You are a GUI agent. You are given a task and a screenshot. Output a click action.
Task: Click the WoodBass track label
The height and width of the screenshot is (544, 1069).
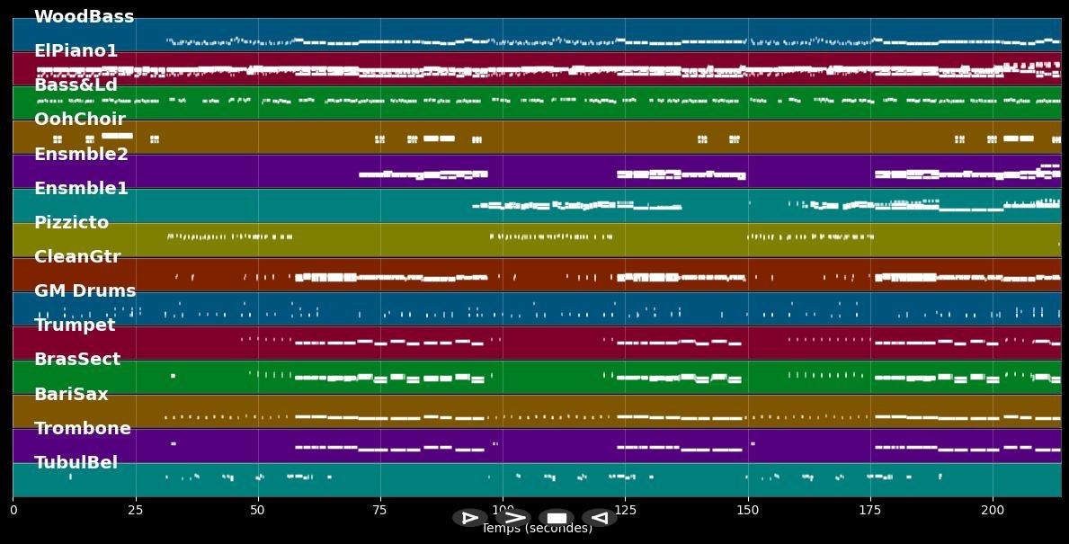point(84,17)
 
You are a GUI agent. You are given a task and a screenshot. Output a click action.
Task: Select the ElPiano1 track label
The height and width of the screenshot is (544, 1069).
point(76,51)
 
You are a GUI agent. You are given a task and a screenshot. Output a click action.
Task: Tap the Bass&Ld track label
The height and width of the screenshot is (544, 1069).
point(76,85)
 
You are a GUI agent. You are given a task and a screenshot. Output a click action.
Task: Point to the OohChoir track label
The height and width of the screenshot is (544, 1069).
point(79,120)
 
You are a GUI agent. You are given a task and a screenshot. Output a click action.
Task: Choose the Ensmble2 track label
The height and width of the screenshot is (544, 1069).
point(81,155)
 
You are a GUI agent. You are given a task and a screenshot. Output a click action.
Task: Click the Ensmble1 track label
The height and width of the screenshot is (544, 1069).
point(81,189)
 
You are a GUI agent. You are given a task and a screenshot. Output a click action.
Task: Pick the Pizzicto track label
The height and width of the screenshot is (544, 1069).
point(71,223)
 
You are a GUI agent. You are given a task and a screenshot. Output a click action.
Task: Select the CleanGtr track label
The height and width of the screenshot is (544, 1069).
point(76,257)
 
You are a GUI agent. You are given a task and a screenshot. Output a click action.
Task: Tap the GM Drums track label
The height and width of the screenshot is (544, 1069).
point(85,291)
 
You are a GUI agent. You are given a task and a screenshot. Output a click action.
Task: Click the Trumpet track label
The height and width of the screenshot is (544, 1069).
point(75,326)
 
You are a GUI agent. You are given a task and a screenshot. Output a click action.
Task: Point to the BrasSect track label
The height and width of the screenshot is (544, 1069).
point(76,360)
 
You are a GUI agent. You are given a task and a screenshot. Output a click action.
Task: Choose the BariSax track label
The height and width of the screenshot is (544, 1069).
point(71,395)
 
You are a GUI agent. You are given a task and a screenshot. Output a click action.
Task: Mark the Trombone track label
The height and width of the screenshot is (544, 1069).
point(82,429)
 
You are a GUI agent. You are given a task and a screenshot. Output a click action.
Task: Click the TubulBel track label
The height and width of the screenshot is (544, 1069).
point(76,463)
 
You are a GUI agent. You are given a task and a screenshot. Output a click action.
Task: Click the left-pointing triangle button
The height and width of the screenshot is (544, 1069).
point(599,517)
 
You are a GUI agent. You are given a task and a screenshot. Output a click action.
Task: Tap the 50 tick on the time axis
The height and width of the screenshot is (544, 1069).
point(258,511)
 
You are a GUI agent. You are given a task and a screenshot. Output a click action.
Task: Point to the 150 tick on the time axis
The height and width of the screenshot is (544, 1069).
point(748,511)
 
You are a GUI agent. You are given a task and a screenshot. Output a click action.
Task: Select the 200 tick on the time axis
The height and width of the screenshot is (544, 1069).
point(993,511)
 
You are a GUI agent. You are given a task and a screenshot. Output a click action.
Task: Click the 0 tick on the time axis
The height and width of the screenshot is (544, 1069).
point(13,511)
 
